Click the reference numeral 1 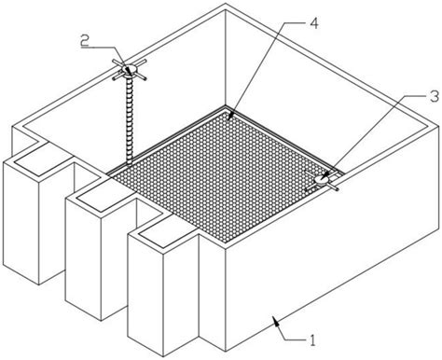[312, 340]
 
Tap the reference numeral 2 [85, 40]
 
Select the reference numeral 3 [435, 96]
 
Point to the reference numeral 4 [314, 23]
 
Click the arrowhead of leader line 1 [275, 320]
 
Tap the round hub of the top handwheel [129, 69]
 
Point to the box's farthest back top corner [226, 4]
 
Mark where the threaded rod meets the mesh [128, 165]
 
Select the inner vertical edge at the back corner [225, 58]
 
